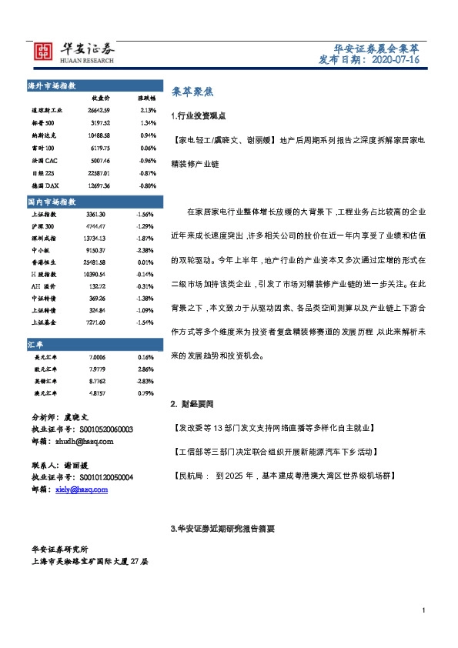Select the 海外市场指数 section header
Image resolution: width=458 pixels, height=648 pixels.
(51, 85)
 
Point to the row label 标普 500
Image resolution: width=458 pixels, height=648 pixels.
(43, 122)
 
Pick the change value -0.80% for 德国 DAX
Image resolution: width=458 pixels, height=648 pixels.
(146, 185)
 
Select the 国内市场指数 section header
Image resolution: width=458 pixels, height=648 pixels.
(51, 201)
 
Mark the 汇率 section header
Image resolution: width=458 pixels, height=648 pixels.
(37, 346)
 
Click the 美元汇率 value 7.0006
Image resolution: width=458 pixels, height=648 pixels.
(98, 358)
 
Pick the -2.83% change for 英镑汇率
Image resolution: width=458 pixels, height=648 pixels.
(145, 382)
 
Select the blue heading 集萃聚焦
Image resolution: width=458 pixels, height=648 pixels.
(186, 91)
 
